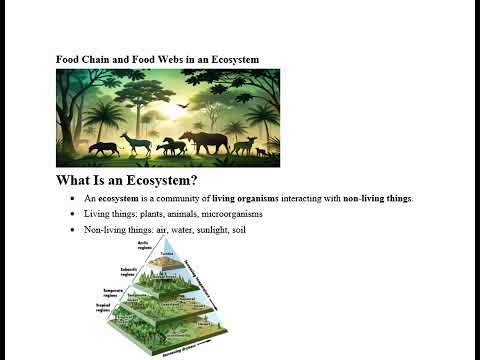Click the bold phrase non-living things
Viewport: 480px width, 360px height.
coord(377,198)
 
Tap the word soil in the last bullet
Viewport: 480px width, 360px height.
coord(233,230)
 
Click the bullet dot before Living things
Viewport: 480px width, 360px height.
coord(73,214)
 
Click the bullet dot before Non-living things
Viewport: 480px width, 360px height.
coord(73,230)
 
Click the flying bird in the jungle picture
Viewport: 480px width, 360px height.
coord(182,104)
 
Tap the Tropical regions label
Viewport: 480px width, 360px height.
coord(103,308)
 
